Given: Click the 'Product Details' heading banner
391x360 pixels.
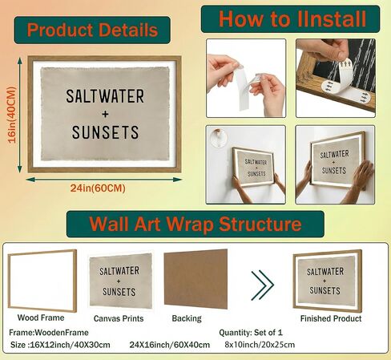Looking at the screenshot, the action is (92, 30).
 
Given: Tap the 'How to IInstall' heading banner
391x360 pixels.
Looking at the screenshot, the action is (290, 19).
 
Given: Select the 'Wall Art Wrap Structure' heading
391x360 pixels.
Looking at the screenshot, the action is (195, 224).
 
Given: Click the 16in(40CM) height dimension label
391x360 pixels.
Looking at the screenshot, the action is (13, 115).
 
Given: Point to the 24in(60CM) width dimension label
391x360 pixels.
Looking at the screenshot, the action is (98, 188).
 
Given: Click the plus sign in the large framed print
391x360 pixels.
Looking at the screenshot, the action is (105, 115).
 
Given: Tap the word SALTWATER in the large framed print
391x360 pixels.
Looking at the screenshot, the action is (105, 96).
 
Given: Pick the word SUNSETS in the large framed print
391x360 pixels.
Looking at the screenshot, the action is (105, 132).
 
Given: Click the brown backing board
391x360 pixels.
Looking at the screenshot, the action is (195, 279).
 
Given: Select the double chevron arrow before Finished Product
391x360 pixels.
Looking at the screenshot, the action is (262, 285).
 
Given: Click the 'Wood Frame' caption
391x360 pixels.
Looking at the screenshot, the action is (41, 318).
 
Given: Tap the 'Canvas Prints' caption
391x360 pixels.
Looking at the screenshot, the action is (119, 318).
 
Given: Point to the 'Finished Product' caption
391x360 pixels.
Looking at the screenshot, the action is (331, 318).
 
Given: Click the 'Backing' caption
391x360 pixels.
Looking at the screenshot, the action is (187, 318).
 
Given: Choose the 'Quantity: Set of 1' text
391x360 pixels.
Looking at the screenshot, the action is (251, 333).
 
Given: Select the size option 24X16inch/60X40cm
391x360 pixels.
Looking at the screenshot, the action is (170, 345).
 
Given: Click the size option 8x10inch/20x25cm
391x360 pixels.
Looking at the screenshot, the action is (260, 345).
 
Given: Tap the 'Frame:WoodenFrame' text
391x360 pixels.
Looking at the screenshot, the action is (49, 333).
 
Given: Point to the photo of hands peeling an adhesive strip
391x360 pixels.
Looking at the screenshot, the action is (246, 79).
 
